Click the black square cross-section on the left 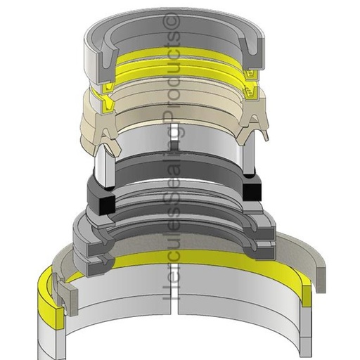pyautogui.click(x=105, y=204)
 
